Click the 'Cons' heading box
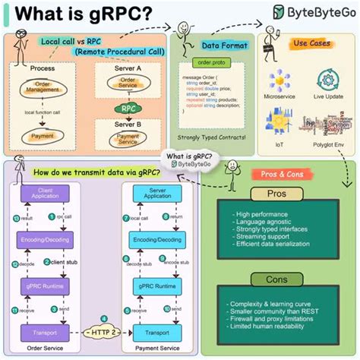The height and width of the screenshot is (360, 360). tap(275, 279)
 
